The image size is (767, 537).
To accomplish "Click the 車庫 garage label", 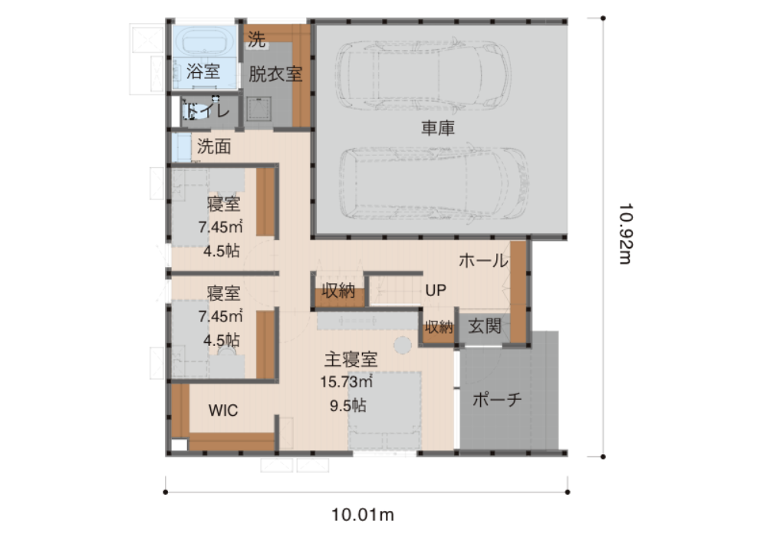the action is point(438,128).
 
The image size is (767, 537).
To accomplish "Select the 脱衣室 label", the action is point(275,74).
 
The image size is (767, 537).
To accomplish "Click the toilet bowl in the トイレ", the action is point(191,111).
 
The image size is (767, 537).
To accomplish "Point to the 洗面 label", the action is point(214,147).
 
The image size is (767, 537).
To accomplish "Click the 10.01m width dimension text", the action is point(363,515).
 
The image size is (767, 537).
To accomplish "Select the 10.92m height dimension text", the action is point(625,234).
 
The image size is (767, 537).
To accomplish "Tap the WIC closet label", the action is point(223,410).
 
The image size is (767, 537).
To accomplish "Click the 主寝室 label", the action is point(351,360).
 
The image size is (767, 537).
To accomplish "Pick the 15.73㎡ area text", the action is point(347,381).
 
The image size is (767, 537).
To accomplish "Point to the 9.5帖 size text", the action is point(347,406).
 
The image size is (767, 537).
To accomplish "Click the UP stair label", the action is point(436,291).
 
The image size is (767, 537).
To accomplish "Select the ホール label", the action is point(483,261).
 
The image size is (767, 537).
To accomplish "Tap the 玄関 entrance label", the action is point(484,326).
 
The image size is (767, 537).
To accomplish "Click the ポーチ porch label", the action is point(496,400).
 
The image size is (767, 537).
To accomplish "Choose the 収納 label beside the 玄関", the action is point(438,327).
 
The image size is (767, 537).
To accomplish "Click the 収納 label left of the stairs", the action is point(338,291).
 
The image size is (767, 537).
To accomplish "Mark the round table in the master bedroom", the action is point(403,345).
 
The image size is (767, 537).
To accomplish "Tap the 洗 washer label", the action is point(256,39).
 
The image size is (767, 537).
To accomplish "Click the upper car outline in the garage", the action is point(423,75).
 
